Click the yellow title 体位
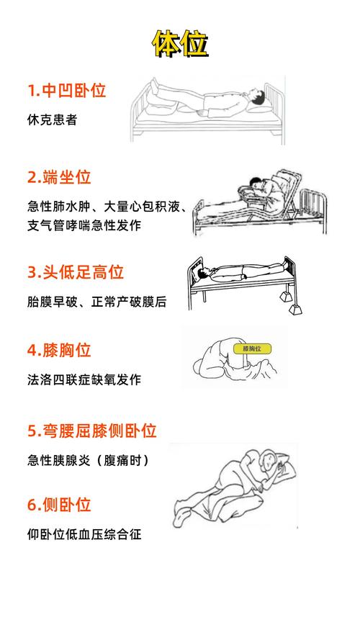click(180, 43)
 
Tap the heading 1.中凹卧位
click(67, 91)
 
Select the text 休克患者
click(53, 120)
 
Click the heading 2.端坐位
click(59, 177)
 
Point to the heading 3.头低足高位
click(75, 272)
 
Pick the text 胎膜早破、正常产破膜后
click(96, 302)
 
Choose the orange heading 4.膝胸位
click(59, 350)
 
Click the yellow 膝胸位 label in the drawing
click(252, 348)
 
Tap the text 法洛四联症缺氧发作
click(84, 379)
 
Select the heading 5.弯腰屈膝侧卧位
click(91, 431)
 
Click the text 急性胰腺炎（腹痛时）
click(89, 460)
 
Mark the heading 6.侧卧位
click(59, 505)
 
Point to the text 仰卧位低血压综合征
click(84, 534)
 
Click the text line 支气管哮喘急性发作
click(84, 225)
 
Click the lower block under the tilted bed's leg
click(295, 309)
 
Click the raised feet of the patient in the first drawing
click(156, 84)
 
